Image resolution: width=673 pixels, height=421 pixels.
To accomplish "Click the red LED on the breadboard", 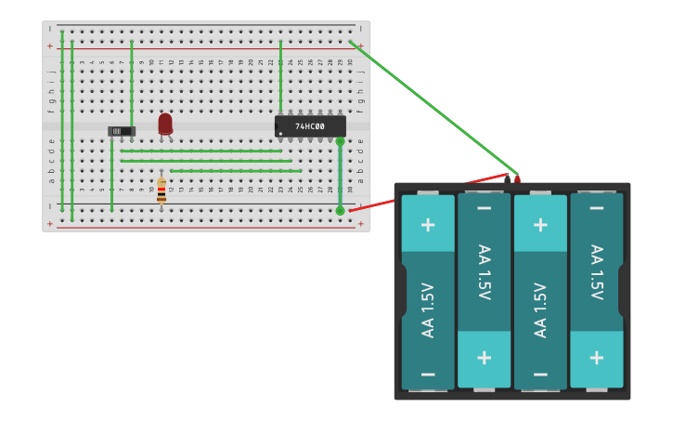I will pos(165,123).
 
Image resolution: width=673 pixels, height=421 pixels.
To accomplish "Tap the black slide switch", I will pos(121,131).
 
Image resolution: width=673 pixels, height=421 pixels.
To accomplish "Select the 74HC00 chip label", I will pos(310,126).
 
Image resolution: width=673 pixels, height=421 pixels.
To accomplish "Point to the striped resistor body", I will pos(162,191).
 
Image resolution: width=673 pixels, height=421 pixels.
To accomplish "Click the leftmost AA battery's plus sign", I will pos(428,224).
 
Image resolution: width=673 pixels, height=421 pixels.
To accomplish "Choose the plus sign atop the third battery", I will pos(540,224).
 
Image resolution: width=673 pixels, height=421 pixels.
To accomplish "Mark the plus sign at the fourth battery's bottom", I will pos(596,358).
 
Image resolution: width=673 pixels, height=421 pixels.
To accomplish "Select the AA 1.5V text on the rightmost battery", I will pos(596,272).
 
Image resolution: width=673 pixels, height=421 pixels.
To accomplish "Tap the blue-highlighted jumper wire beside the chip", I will pos(340,176).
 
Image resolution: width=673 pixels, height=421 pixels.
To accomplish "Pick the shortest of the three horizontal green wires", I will pos(236,171).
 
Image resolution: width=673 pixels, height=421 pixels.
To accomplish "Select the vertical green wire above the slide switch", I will pos(132,82).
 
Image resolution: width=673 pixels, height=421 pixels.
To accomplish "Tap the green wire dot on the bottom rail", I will pos(340,211).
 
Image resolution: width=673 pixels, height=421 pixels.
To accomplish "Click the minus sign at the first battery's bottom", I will pos(428,375).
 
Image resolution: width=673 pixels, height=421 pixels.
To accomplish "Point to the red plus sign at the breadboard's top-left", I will pos(50,46).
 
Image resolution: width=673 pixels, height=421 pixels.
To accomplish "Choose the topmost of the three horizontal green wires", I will pos(201,151).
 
